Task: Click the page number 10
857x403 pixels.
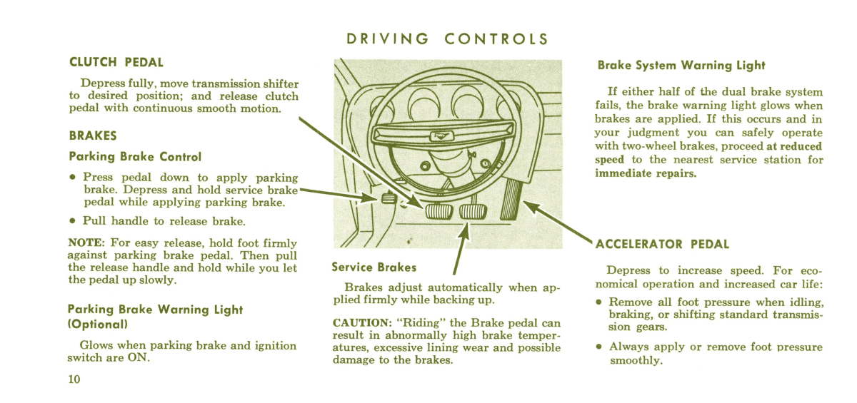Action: [75, 379]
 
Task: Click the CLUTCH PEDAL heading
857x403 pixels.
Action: [116, 63]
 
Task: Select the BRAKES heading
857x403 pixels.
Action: [93, 136]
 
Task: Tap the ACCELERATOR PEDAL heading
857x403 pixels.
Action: [662, 244]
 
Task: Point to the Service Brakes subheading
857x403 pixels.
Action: [374, 267]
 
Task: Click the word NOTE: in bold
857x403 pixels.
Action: [86, 243]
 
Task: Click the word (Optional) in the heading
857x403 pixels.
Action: [97, 324]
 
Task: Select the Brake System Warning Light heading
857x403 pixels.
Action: [681, 66]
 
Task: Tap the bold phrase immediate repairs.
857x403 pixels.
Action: [645, 173]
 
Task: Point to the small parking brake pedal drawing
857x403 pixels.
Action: [389, 198]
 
